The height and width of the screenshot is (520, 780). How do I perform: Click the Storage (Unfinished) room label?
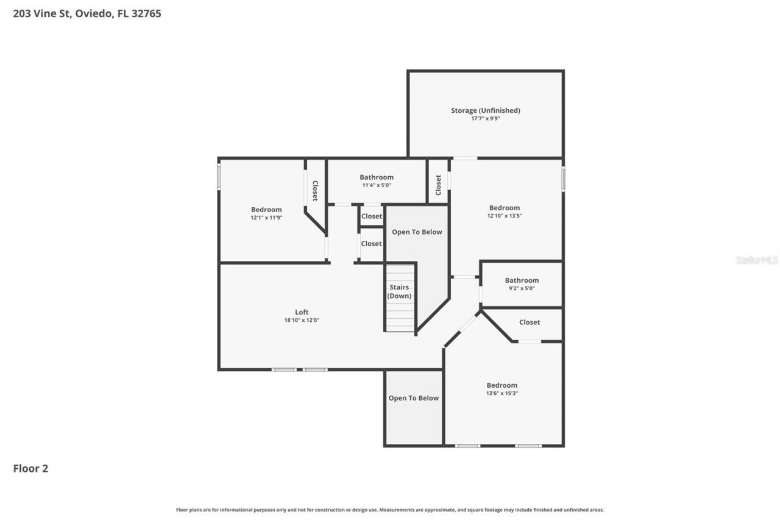485,110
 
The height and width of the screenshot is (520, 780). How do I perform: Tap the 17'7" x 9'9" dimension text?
485,119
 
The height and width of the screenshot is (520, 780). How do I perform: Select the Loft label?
302,312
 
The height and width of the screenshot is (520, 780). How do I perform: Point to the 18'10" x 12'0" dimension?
302,320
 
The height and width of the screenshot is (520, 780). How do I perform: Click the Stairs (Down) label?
399,291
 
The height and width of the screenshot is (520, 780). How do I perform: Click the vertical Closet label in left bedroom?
315,190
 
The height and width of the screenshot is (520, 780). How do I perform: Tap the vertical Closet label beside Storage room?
438,185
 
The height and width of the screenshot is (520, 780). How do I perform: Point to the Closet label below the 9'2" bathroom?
529,322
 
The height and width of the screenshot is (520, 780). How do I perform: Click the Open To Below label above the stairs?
417,232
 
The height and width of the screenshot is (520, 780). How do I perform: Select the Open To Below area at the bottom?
413,398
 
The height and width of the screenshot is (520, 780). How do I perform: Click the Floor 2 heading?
30,468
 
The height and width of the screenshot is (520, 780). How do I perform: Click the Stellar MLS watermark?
757,260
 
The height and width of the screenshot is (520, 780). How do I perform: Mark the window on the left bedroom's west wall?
219,176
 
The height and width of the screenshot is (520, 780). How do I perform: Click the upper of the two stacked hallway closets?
371,216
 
